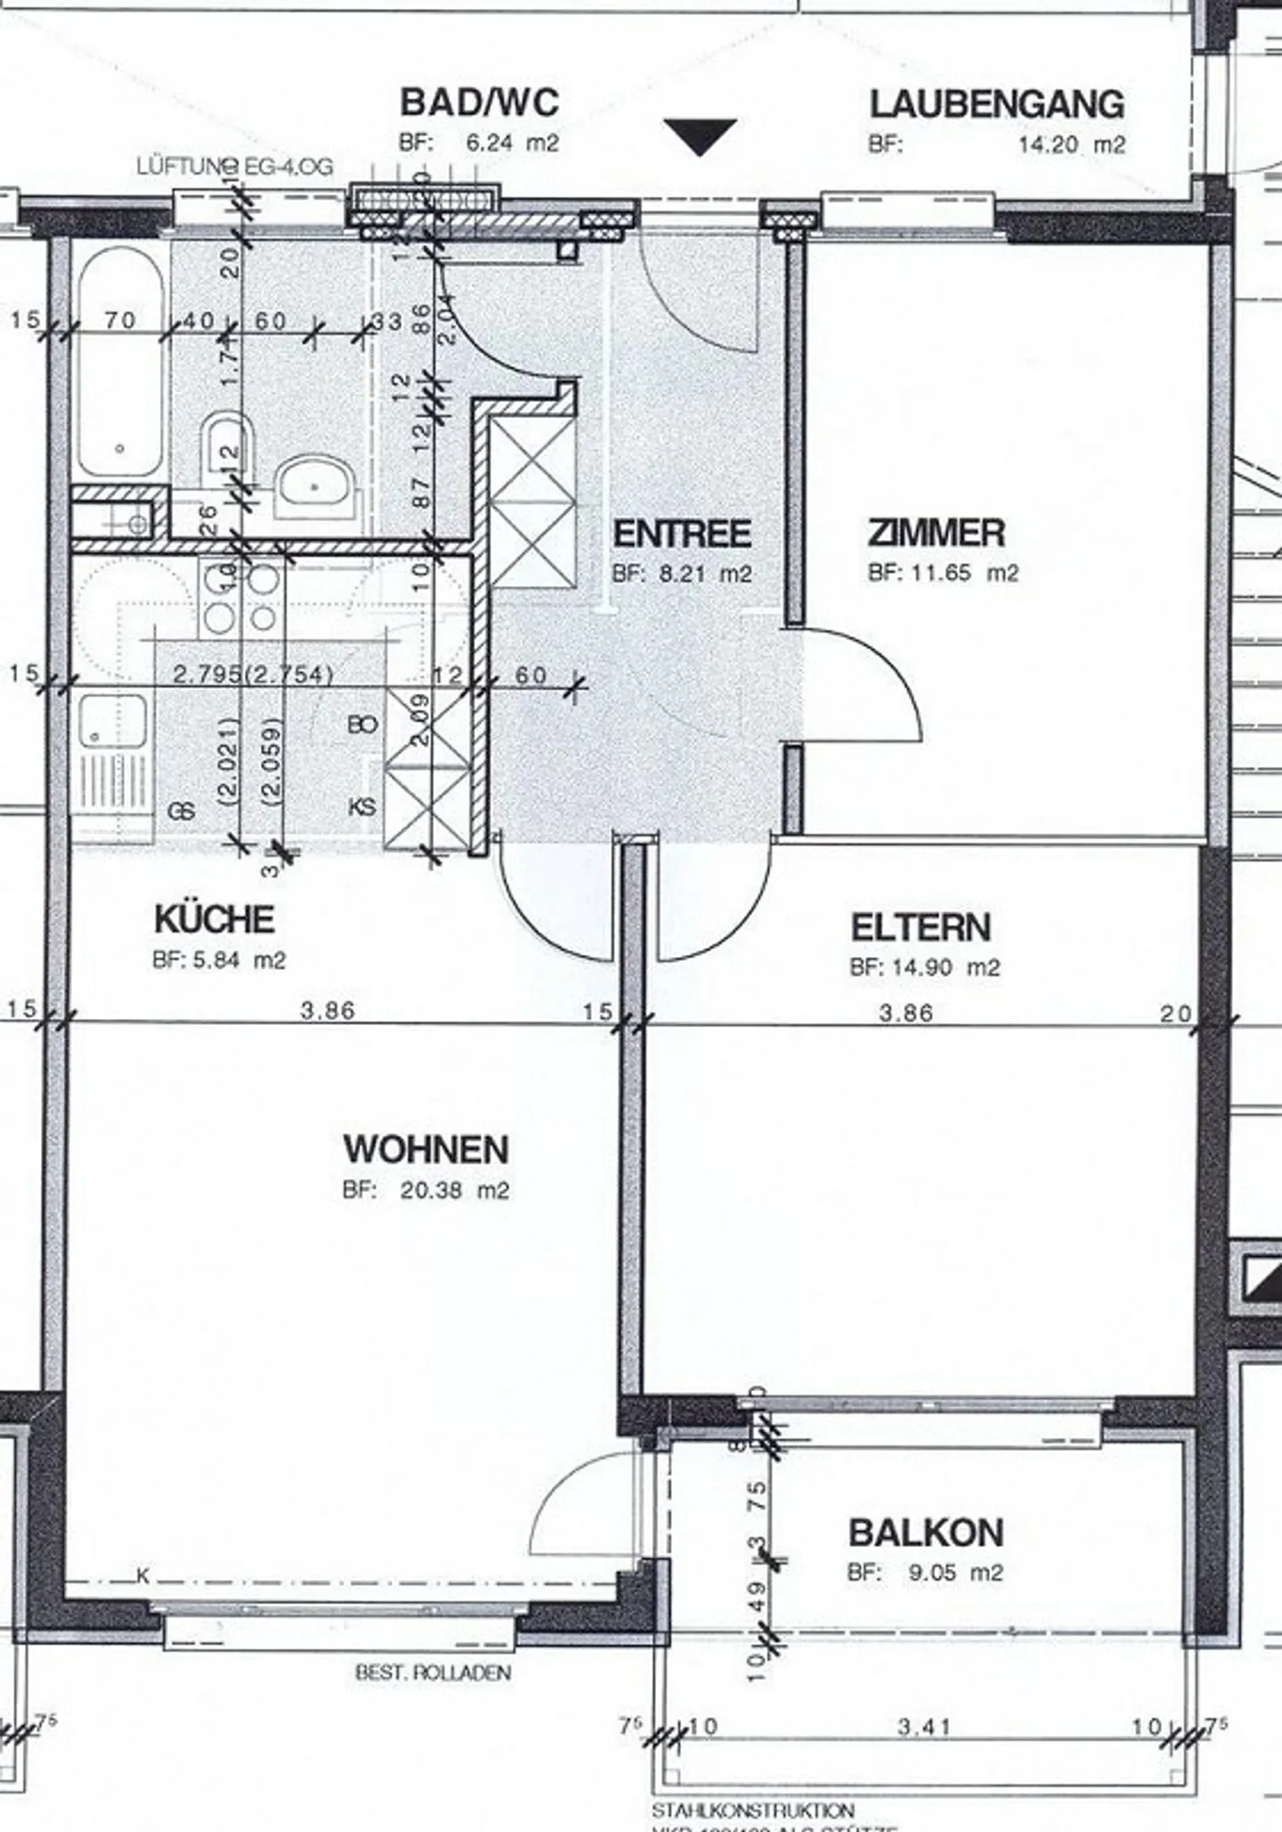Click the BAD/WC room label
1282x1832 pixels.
479,102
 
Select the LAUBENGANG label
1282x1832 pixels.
996,105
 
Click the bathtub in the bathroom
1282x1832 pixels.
120,361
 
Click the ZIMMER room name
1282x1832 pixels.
936,533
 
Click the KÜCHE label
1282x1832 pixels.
214,919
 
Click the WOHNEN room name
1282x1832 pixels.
426,1149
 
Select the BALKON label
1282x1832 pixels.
926,1533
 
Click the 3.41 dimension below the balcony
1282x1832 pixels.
924,1727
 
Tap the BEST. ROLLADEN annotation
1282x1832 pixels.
433,1673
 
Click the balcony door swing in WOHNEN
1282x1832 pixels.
579,1505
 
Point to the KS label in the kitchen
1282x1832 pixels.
361,807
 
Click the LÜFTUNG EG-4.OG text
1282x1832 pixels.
234,167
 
